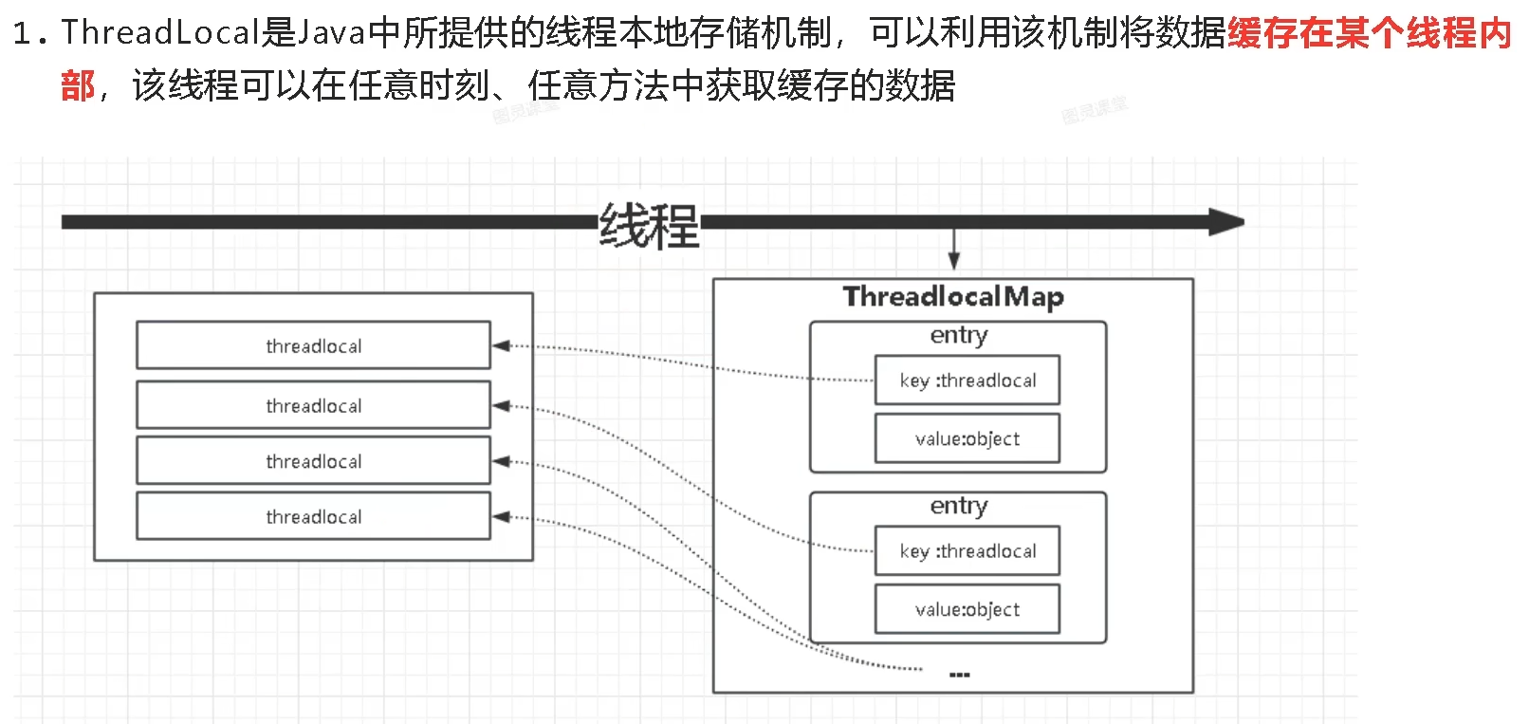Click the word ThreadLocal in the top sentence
[x=159, y=33]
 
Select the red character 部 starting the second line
[x=78, y=86]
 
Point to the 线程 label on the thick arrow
[x=649, y=226]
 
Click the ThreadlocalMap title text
[x=953, y=297]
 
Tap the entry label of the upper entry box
[x=958, y=335]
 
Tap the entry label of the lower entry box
[x=958, y=506]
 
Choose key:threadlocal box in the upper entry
[x=967, y=381]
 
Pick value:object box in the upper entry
[x=967, y=438]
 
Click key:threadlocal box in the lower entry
[x=967, y=551]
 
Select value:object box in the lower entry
[x=967, y=609]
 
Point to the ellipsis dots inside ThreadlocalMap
[x=959, y=675]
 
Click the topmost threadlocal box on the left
[x=313, y=345]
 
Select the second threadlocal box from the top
[x=313, y=405]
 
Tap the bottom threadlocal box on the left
[x=313, y=516]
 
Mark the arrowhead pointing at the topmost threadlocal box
[x=502, y=345]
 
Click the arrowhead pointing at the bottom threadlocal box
[x=502, y=517]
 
